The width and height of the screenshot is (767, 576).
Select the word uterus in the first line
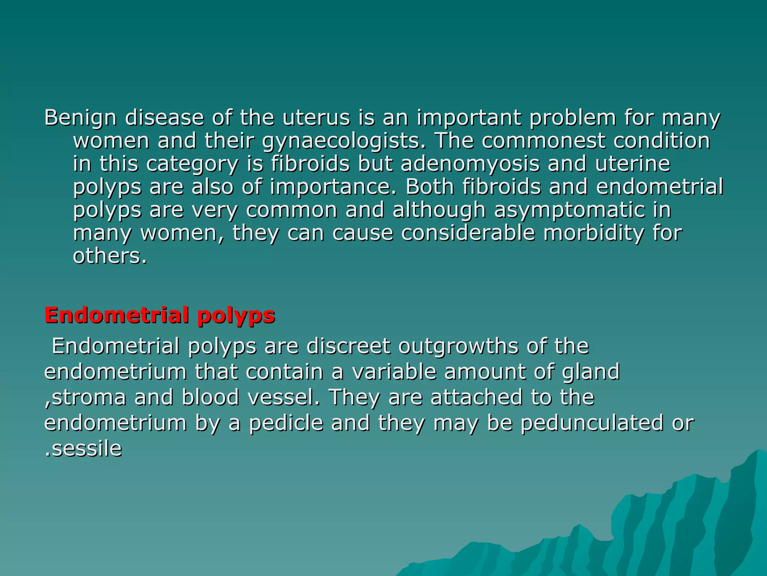[316, 118]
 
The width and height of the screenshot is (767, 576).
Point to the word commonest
[543, 141]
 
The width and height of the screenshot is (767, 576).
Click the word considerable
[468, 233]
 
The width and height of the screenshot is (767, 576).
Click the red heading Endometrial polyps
[160, 315]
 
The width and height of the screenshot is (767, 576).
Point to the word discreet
[348, 346]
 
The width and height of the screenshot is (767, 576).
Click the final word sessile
[87, 449]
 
